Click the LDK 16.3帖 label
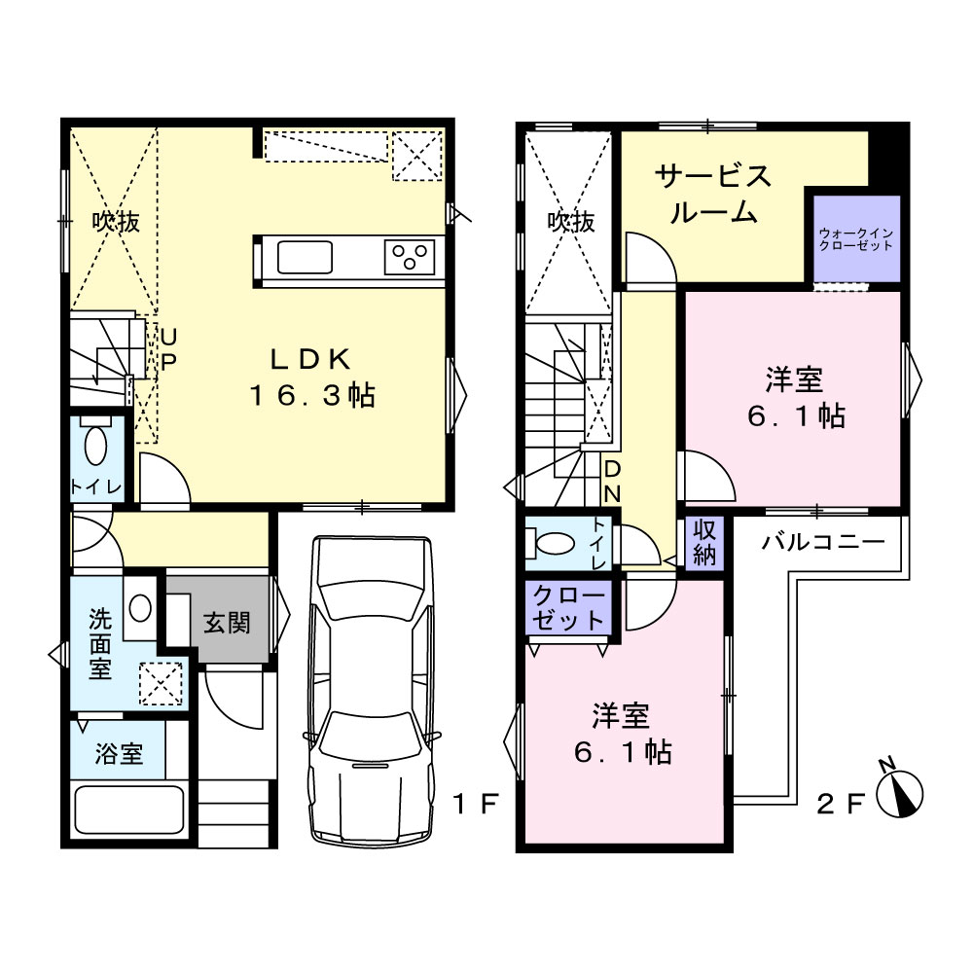point(312,378)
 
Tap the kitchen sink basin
point(305,257)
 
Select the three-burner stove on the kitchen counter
point(409,257)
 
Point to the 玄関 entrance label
point(227,623)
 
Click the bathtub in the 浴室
point(129,811)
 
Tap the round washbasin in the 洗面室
point(140,609)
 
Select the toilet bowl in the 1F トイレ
point(95,445)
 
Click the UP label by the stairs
point(167,350)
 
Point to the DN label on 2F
point(612,481)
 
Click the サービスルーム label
point(713,195)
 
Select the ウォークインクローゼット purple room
point(856,238)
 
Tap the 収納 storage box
point(704,543)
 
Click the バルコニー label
point(823,542)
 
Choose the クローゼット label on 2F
point(568,608)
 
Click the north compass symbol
point(900,792)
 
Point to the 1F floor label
point(476,805)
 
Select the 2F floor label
point(841,805)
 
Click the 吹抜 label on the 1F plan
point(116,222)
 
